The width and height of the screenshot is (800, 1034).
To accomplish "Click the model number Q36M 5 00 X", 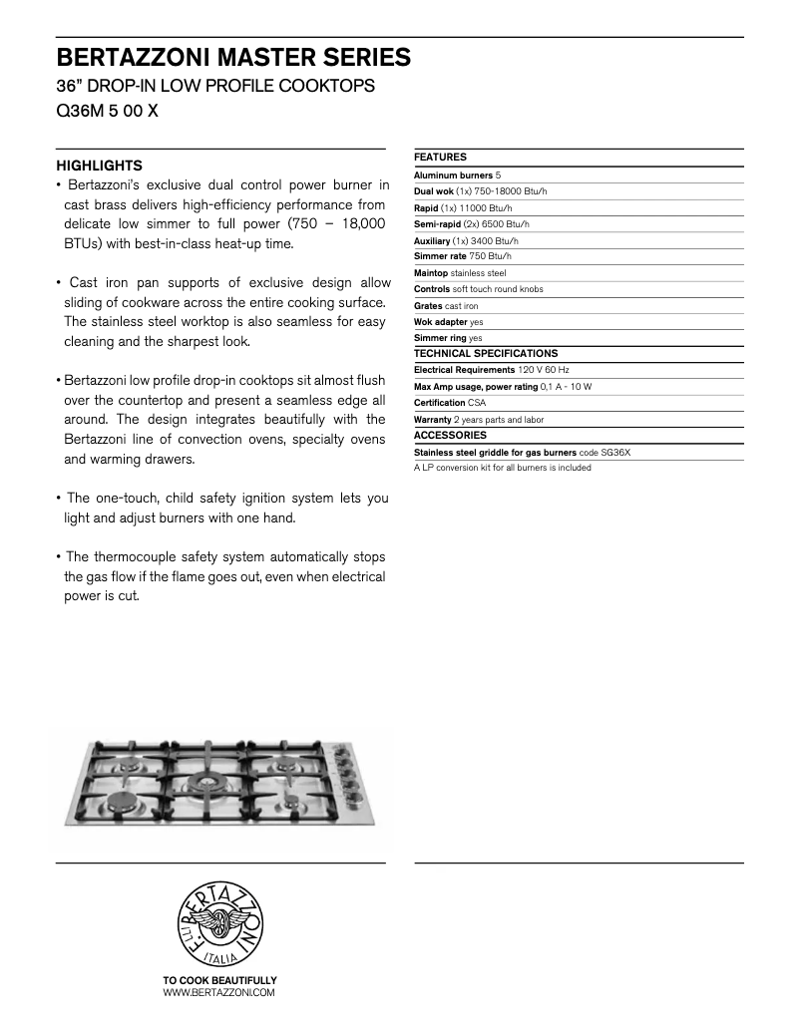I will point(107,112).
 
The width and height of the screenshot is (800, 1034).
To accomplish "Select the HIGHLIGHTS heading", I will point(99,166).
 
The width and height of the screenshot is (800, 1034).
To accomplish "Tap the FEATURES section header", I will point(440,158).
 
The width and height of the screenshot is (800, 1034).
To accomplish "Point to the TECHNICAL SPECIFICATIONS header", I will point(486,354).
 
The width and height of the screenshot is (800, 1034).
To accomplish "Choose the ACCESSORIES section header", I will point(450,436).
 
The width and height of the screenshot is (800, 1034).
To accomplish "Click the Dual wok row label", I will point(434,191).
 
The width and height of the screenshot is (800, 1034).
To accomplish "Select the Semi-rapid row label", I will point(437,224).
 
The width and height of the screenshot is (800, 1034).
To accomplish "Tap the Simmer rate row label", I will point(440,256).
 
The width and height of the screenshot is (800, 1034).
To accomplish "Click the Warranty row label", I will point(432,420).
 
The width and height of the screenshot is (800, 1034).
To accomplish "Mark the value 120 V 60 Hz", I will point(543,370).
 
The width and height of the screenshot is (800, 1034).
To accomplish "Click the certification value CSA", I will point(477,403).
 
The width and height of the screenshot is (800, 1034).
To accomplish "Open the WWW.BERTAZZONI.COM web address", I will point(218,993).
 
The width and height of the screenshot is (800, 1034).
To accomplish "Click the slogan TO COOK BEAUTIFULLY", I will point(219,981).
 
